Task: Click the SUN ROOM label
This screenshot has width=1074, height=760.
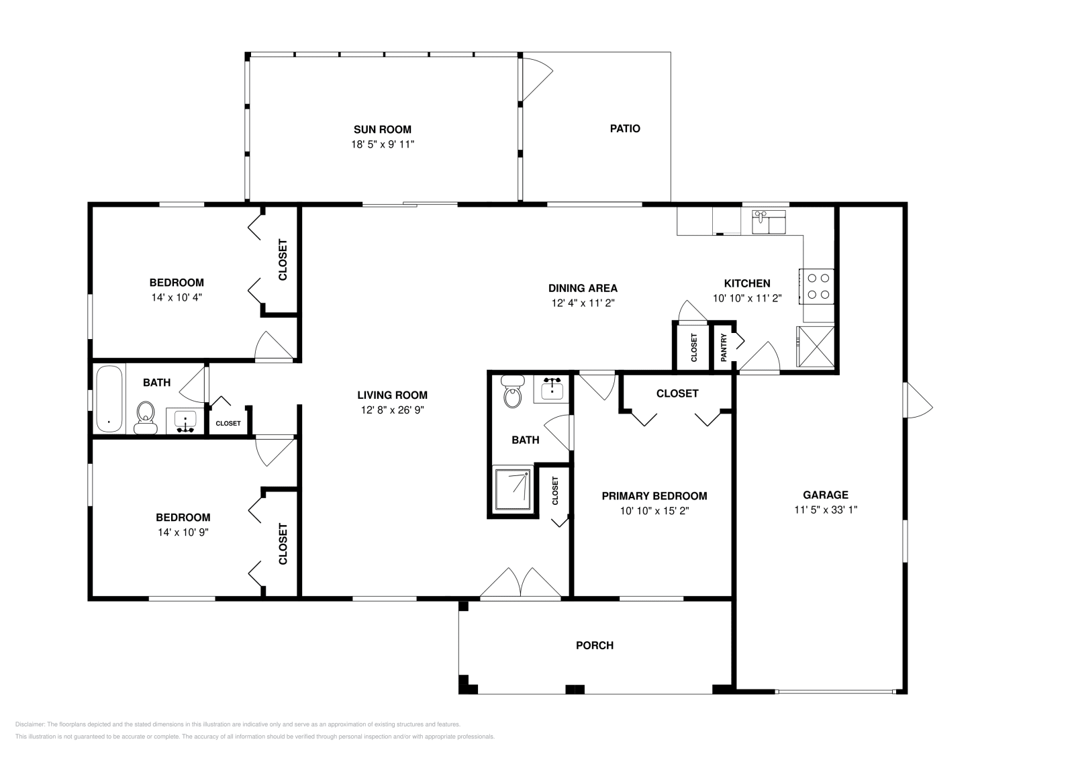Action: (x=382, y=130)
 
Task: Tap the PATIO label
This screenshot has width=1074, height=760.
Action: (x=625, y=128)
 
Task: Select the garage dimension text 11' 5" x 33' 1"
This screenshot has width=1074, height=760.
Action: (x=826, y=510)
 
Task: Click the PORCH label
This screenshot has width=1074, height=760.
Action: (x=595, y=645)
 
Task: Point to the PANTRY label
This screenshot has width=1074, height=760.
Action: (x=724, y=347)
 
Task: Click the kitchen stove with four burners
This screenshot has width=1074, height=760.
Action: (x=816, y=286)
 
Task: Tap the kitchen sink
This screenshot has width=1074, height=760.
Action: (x=769, y=222)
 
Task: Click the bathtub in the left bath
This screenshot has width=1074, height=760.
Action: (x=109, y=399)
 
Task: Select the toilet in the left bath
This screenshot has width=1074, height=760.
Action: (x=145, y=418)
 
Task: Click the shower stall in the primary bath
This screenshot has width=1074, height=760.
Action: (x=513, y=490)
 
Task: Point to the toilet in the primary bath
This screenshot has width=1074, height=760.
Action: (x=513, y=391)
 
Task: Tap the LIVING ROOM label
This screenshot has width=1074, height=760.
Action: (x=392, y=395)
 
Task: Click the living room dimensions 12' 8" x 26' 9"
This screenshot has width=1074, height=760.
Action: (x=392, y=410)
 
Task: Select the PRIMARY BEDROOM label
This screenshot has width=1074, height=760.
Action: (x=654, y=495)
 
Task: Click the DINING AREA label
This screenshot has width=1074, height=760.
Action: (x=583, y=288)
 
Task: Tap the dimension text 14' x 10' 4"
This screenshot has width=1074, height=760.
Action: (x=177, y=297)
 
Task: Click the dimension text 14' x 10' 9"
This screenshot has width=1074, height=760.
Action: (x=183, y=532)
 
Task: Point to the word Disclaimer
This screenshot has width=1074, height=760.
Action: (x=30, y=724)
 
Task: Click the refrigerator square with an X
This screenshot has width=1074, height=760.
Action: (x=816, y=346)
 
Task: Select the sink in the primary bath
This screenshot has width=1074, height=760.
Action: (x=552, y=388)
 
